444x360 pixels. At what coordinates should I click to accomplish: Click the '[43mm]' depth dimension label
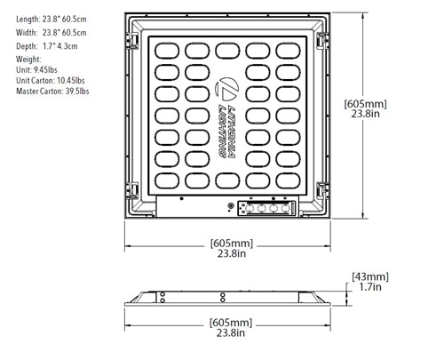pyautogui.click(x=370, y=276)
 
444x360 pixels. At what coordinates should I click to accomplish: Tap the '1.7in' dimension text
pyautogui.click(x=370, y=288)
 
